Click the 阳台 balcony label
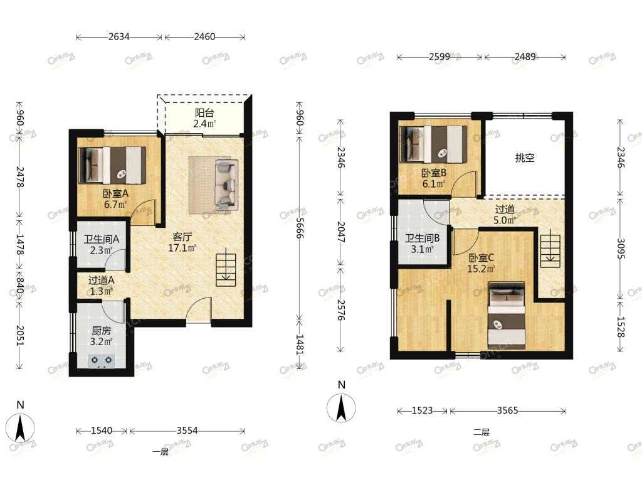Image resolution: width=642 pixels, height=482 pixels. click(204, 113)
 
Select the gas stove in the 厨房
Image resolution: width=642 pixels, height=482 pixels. click(102, 360)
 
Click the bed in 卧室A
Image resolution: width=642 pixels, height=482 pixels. click(112, 165)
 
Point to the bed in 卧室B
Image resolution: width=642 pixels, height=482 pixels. click(433, 144)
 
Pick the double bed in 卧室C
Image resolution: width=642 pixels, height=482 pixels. click(507, 316)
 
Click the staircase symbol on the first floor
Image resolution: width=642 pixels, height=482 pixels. click(226, 270)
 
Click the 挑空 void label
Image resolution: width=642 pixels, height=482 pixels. click(525, 158)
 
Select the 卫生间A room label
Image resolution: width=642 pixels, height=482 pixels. click(101, 239)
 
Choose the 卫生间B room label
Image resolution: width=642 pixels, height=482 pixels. click(422, 238)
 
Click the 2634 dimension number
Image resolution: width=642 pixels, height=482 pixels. click(118, 37)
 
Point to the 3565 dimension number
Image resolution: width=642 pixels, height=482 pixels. click(508, 410)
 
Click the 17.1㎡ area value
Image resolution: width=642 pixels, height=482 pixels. click(182, 248)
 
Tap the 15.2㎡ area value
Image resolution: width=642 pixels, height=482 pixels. click(481, 269)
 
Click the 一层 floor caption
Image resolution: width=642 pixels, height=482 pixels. click(160, 452)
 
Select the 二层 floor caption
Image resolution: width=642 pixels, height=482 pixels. click(481, 432)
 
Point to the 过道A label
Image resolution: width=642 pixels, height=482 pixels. click(101, 281)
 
